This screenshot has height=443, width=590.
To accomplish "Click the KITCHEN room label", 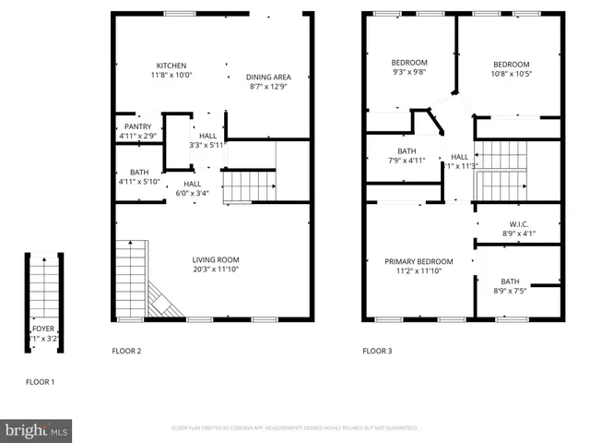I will click(x=171, y=66).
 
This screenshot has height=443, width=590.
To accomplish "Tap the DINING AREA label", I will click(x=269, y=77).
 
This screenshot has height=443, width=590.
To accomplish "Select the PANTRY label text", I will click(x=138, y=126).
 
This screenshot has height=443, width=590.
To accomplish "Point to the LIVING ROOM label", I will click(x=216, y=260).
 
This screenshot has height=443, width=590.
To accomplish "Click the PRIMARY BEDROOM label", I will click(x=419, y=261).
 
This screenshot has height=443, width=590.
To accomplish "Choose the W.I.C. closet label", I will click(x=518, y=224).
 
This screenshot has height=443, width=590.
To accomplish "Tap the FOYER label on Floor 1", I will click(x=43, y=328).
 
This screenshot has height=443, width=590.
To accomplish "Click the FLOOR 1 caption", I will click(x=40, y=382).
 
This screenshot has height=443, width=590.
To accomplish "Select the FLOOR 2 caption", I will click(x=126, y=351).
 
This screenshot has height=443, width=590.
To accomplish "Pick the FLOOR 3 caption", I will click(x=376, y=351).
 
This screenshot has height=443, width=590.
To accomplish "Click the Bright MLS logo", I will click(x=37, y=429).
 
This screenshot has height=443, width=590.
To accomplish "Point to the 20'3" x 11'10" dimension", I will click(x=216, y=270).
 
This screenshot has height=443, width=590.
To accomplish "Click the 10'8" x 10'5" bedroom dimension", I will click(x=511, y=74).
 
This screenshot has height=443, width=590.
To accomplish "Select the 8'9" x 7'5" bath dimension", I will click(x=510, y=292).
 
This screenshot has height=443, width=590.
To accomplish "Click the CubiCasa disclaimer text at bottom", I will click(x=295, y=428).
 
